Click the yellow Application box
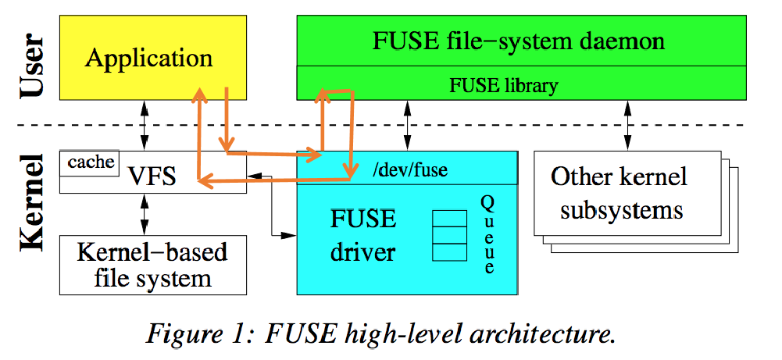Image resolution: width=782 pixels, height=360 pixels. click(x=148, y=58)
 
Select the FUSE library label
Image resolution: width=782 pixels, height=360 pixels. click(x=503, y=85)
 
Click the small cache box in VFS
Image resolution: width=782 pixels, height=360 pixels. click(x=91, y=162)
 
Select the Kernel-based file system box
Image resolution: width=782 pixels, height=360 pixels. click(x=152, y=265)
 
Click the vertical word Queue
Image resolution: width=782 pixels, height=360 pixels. click(x=488, y=234)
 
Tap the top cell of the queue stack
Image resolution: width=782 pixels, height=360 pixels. click(x=449, y=217)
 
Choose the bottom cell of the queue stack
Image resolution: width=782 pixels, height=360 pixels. click(x=449, y=251)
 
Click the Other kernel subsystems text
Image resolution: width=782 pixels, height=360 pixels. click(x=617, y=193)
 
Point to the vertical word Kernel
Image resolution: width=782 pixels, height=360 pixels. click(x=32, y=202)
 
